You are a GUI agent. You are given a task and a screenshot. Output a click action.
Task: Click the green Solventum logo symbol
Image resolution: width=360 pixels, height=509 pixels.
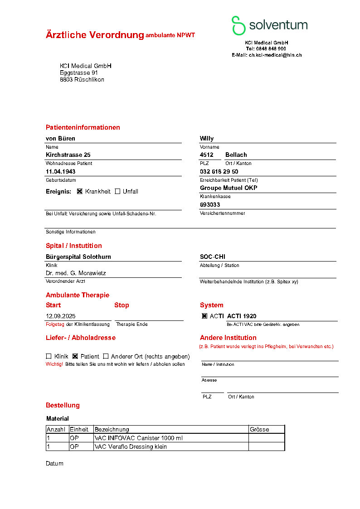(238, 25)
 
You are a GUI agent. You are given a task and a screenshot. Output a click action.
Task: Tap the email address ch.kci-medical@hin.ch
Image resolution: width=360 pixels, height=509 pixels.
(275, 55)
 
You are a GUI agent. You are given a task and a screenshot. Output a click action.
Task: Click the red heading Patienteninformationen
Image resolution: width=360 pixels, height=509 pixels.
(83, 127)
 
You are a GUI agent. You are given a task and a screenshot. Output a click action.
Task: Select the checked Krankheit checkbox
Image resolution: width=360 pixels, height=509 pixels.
(80, 191)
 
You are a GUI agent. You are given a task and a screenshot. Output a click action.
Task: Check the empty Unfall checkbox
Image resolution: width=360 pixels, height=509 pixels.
(117, 191)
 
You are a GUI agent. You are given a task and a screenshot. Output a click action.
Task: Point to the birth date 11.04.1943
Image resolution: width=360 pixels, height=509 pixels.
(61, 172)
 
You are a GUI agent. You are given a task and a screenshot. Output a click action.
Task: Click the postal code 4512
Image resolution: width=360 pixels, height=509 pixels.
(207, 155)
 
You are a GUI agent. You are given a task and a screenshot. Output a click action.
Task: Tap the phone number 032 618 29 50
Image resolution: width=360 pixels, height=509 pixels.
(219, 172)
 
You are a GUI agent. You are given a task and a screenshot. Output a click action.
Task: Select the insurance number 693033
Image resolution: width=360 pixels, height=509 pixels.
(210, 205)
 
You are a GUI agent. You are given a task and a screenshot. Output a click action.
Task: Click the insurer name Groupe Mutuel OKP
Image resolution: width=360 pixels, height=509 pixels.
(229, 188)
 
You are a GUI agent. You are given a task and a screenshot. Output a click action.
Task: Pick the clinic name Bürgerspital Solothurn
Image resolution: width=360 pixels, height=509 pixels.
(78, 257)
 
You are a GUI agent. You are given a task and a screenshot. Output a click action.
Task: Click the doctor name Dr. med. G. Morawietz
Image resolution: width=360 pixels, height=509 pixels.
(76, 273)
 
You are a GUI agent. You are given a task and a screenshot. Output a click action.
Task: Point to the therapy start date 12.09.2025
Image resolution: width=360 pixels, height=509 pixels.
(61, 316)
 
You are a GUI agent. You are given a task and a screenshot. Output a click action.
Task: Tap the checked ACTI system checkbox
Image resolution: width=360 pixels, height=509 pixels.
(204, 316)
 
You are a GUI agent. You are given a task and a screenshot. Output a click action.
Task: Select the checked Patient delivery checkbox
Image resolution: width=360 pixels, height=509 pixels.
(75, 356)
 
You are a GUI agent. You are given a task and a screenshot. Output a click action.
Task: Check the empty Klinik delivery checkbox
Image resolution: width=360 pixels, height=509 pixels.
(49, 356)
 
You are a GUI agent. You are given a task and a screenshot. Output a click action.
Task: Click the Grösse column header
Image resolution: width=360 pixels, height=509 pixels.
(259, 429)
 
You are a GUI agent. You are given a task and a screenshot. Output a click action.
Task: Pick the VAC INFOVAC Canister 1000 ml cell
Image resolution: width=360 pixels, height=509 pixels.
(139, 438)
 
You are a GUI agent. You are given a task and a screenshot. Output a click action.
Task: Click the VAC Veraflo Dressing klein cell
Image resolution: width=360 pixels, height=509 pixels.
(131, 447)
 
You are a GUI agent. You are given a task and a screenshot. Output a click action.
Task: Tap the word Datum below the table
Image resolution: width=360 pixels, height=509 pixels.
(54, 464)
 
